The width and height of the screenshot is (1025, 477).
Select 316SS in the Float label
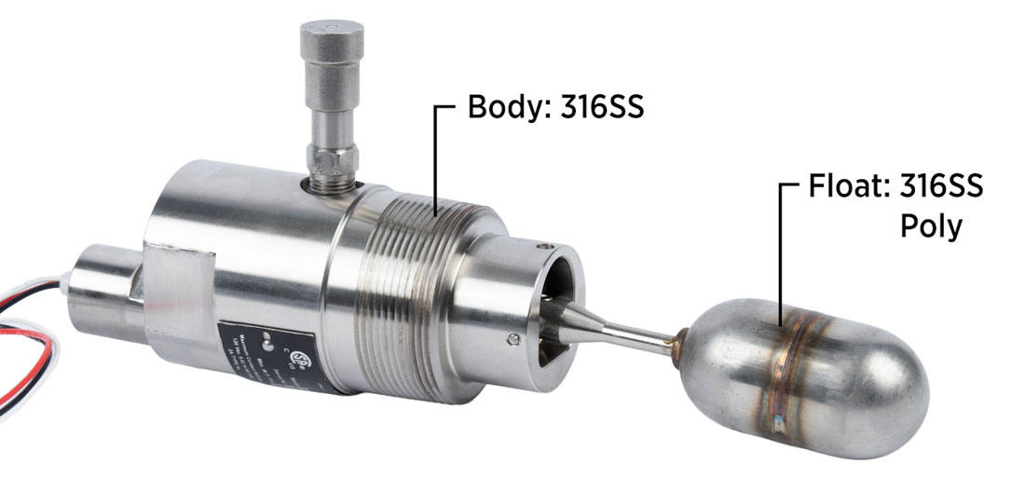pyautogui.click(x=941, y=188)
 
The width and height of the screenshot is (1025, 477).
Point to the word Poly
pyautogui.click(x=931, y=226)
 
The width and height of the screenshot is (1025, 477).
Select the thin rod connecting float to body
pyautogui.click(x=643, y=333)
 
